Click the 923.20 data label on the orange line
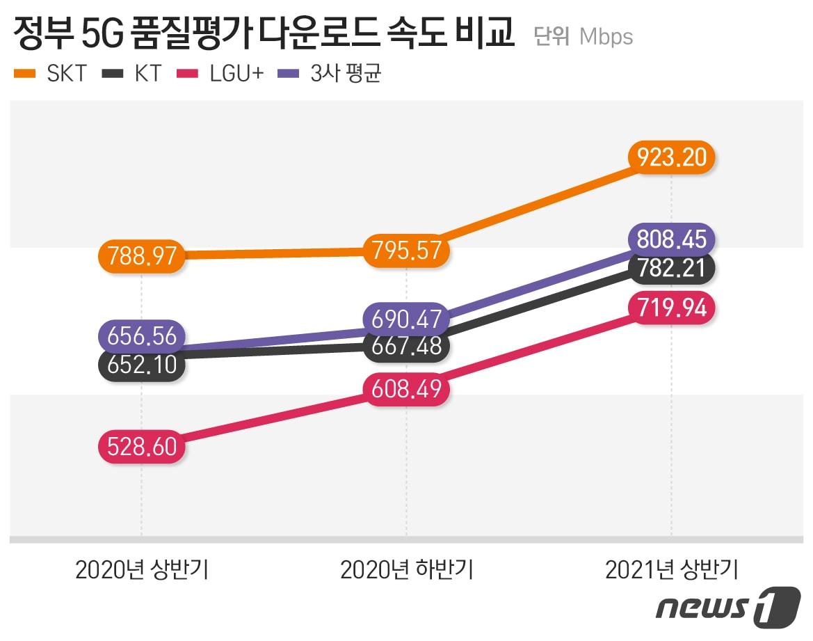coord(671,157)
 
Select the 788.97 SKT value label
coord(142,255)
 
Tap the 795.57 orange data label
coord(407,250)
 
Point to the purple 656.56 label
coord(142,336)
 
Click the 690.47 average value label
coord(407,319)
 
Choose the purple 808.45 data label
coord(671,239)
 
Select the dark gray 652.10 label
coord(142,364)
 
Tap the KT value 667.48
coord(407,346)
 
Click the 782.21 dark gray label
coord(671,268)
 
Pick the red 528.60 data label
coord(142,446)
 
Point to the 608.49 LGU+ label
coord(407,389)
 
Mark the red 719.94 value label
coord(671,308)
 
